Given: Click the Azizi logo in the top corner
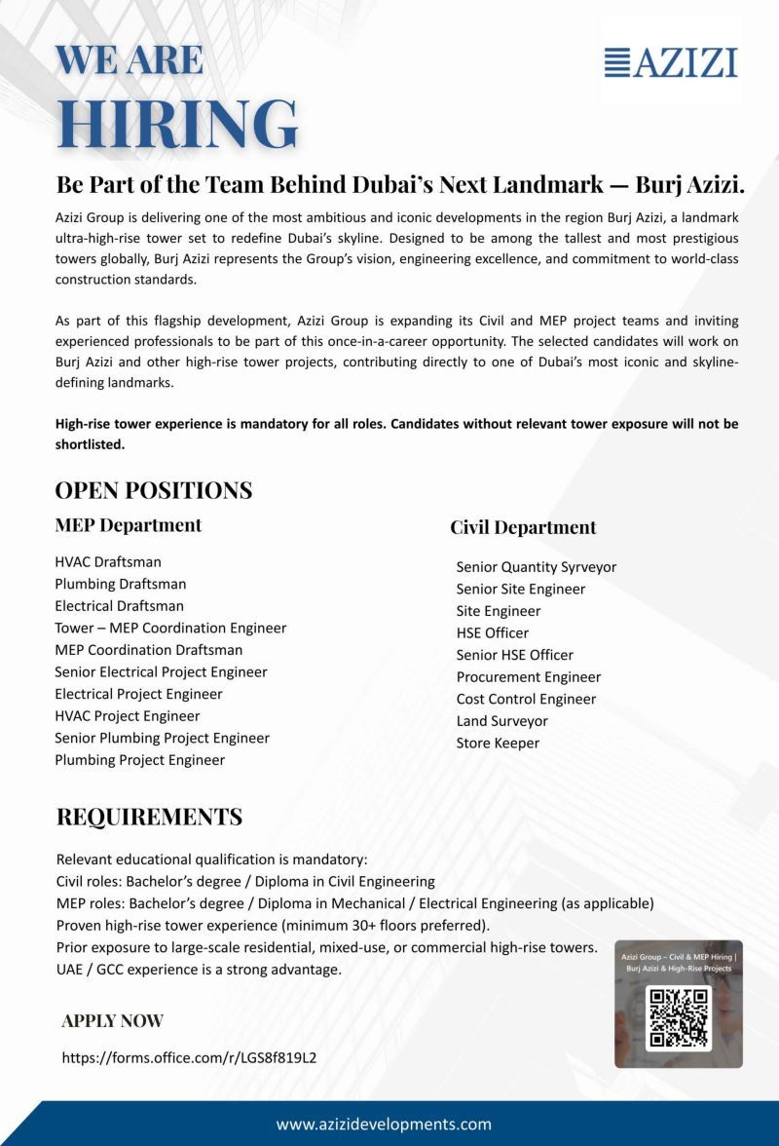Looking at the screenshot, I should pyautogui.click(x=671, y=62).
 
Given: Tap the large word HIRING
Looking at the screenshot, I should pyautogui.click(x=177, y=123).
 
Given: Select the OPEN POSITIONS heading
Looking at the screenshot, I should pyautogui.click(x=154, y=490).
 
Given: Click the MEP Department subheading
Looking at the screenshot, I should pyautogui.click(x=129, y=525).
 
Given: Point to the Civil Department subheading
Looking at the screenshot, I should pyautogui.click(x=523, y=527).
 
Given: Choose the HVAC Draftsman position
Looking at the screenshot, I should pyautogui.click(x=108, y=562).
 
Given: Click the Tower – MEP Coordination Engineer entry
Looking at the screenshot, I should pyautogui.click(x=170, y=628).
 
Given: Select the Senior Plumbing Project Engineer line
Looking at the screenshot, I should pyautogui.click(x=162, y=738).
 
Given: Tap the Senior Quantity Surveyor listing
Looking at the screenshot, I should pyautogui.click(x=536, y=567).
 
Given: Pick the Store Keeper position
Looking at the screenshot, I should pyautogui.click(x=498, y=743).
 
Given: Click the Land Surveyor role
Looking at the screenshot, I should pyautogui.click(x=501, y=721).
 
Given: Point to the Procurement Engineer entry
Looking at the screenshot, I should pyautogui.click(x=529, y=677).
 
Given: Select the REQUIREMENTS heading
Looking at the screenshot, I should pyautogui.click(x=149, y=817).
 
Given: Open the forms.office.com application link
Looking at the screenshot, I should pyautogui.click(x=189, y=1057).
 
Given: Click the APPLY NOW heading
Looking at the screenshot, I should pyautogui.click(x=112, y=1021).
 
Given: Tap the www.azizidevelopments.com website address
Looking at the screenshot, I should pyautogui.click(x=384, y=1124).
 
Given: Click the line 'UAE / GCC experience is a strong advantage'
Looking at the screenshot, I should pyautogui.click(x=199, y=970).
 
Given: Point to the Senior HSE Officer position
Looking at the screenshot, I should pyautogui.click(x=514, y=655).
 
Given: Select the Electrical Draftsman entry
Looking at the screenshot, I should pyautogui.click(x=119, y=606).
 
